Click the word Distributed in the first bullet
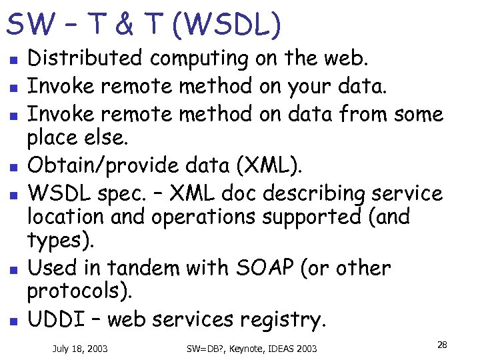[85, 59]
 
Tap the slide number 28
[441, 345]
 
